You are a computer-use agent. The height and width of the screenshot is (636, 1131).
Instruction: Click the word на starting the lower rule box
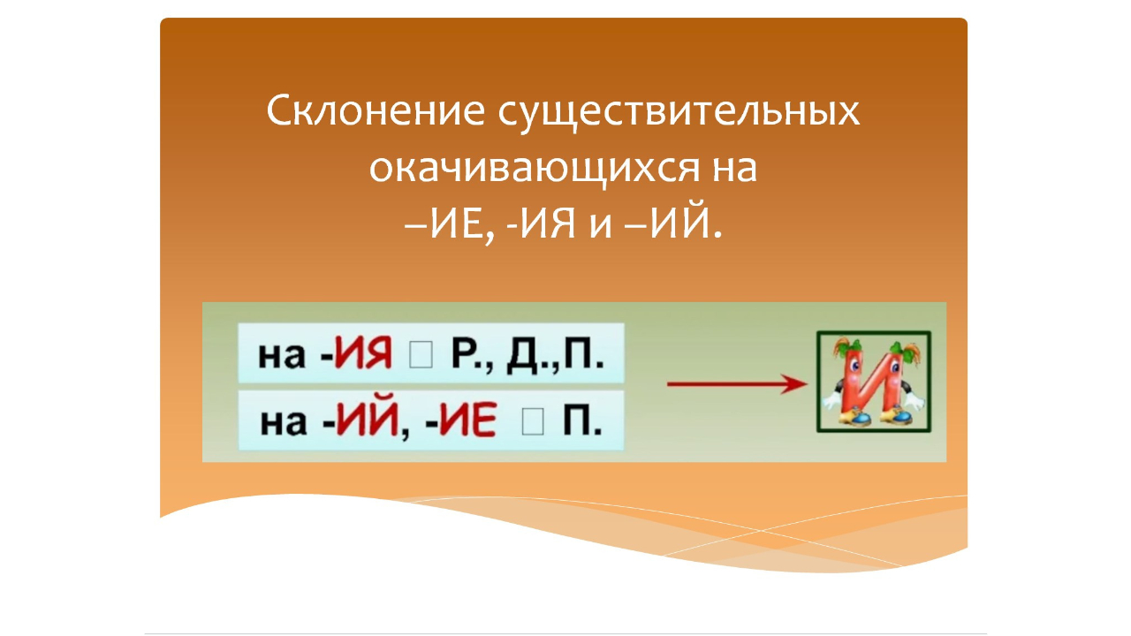pos(282,422)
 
